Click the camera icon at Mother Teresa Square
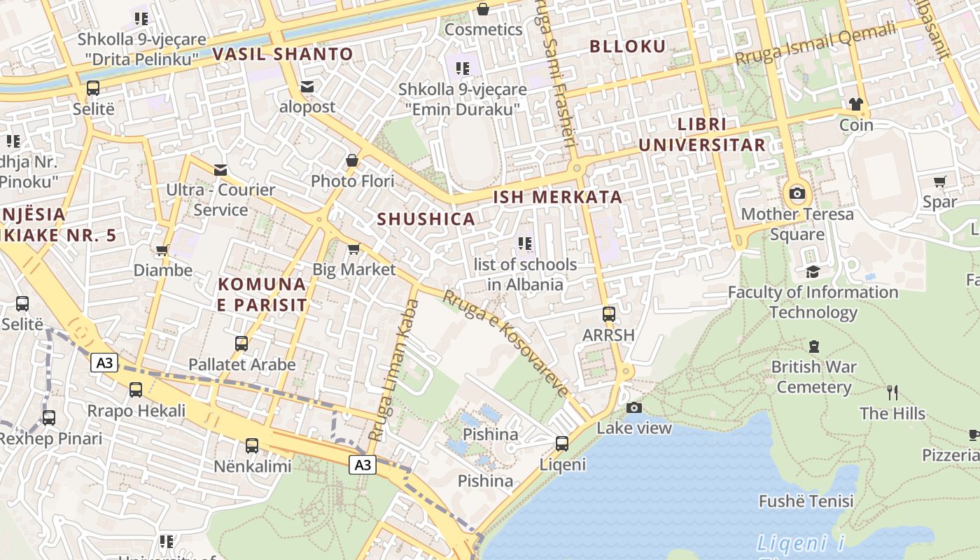pyautogui.click(x=797, y=193)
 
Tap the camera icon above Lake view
pyautogui.click(x=633, y=407)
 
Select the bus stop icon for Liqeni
pyautogui.click(x=561, y=443)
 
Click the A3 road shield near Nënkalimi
pyautogui.click(x=363, y=465)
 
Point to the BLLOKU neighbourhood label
pyautogui.click(x=627, y=47)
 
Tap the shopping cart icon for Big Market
pyautogui.click(x=353, y=249)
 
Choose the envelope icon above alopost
pyautogui.click(x=307, y=87)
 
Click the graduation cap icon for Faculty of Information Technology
pyautogui.click(x=812, y=272)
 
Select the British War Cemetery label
pyautogui.click(x=813, y=377)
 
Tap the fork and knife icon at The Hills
pyautogui.click(x=892, y=393)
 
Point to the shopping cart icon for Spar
pyautogui.click(x=939, y=182)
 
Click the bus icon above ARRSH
pyautogui.click(x=608, y=314)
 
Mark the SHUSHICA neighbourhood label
pyautogui.click(x=426, y=219)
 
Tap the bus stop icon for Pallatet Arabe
pyautogui.click(x=241, y=344)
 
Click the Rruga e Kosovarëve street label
pyautogui.click(x=505, y=343)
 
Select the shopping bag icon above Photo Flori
pyautogui.click(x=352, y=161)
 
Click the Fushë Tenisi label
pyautogui.click(x=806, y=501)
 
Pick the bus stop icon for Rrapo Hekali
pyautogui.click(x=136, y=390)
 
